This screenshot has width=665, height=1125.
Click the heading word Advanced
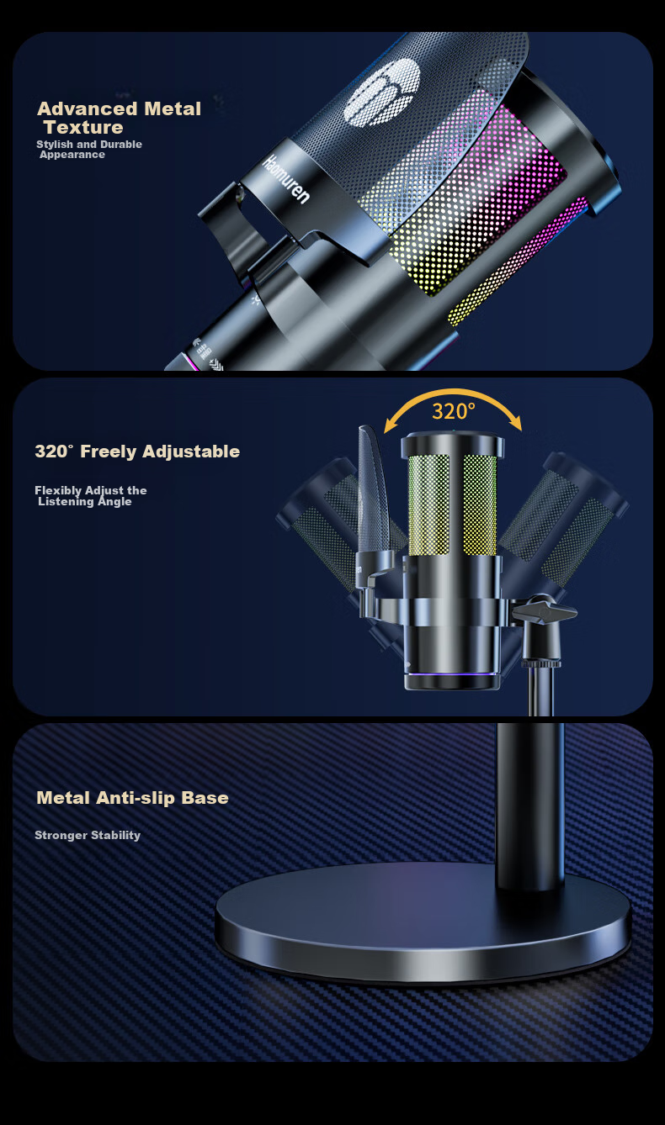pos(88,109)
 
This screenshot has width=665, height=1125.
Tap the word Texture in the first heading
pos(83,128)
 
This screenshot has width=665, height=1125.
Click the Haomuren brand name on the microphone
pos(285,179)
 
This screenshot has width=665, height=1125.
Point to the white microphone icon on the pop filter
pos(382,92)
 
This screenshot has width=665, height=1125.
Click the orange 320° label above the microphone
pos(454,411)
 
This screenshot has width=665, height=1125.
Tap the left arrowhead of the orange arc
pos(390,426)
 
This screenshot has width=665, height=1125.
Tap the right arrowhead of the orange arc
pos(516,425)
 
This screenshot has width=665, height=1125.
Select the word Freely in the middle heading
pos(108,452)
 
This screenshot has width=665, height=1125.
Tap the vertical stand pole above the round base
pos(529,806)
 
